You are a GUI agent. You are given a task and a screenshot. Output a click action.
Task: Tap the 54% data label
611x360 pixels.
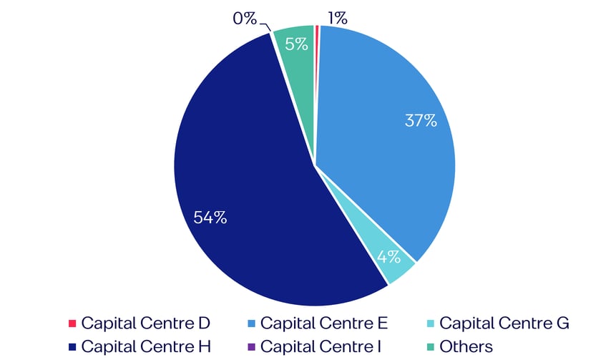pyautogui.click(x=210, y=218)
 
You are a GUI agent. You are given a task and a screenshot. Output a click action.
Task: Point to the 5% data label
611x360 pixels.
pyautogui.click(x=296, y=43)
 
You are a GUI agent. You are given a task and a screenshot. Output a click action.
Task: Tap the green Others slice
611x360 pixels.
pyautogui.click(x=295, y=57)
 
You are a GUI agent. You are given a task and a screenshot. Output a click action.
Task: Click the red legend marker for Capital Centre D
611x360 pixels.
pyautogui.click(x=72, y=323)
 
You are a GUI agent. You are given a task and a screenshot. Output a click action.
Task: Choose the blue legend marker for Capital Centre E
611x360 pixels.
pyautogui.click(x=250, y=323)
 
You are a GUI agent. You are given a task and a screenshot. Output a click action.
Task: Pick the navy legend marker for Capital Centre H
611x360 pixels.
pyautogui.click(x=72, y=347)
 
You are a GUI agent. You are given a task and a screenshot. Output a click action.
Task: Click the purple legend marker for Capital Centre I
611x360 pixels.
pyautogui.click(x=250, y=347)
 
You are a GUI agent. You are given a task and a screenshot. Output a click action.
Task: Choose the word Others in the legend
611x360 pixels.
pyautogui.click(x=466, y=347)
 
